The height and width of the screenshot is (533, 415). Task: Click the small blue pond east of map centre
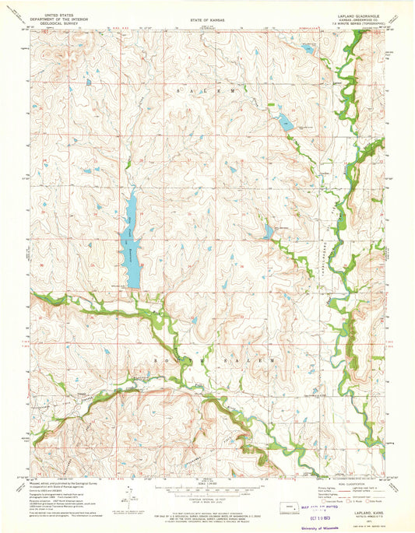pos(269,231)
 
